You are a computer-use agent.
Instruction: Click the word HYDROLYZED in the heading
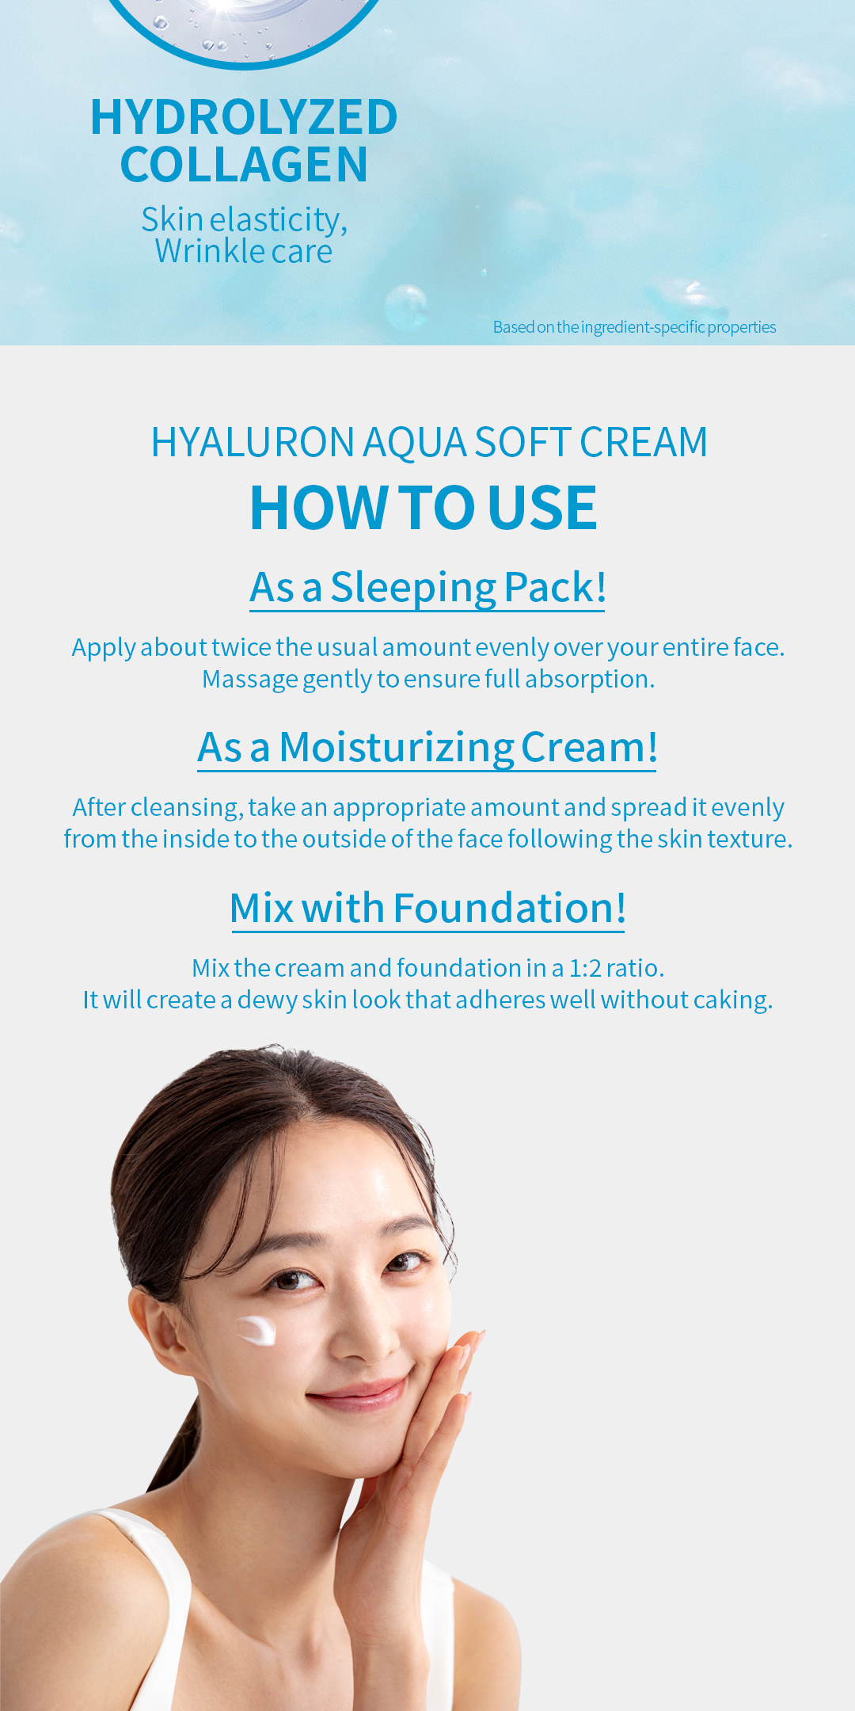(244, 117)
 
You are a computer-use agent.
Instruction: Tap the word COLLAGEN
(244, 165)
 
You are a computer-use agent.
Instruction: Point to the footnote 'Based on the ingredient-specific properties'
(634, 327)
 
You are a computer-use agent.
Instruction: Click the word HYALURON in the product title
(253, 442)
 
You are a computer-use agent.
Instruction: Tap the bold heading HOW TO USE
(424, 507)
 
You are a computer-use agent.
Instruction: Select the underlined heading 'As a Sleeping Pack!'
(427, 588)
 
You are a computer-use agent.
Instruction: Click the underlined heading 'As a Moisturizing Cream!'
(427, 748)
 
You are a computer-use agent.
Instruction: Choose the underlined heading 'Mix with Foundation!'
(427, 908)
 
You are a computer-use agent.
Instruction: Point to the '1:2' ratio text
(585, 968)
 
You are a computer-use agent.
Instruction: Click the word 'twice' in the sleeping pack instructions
(241, 647)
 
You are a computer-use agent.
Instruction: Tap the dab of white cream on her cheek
(256, 1330)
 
